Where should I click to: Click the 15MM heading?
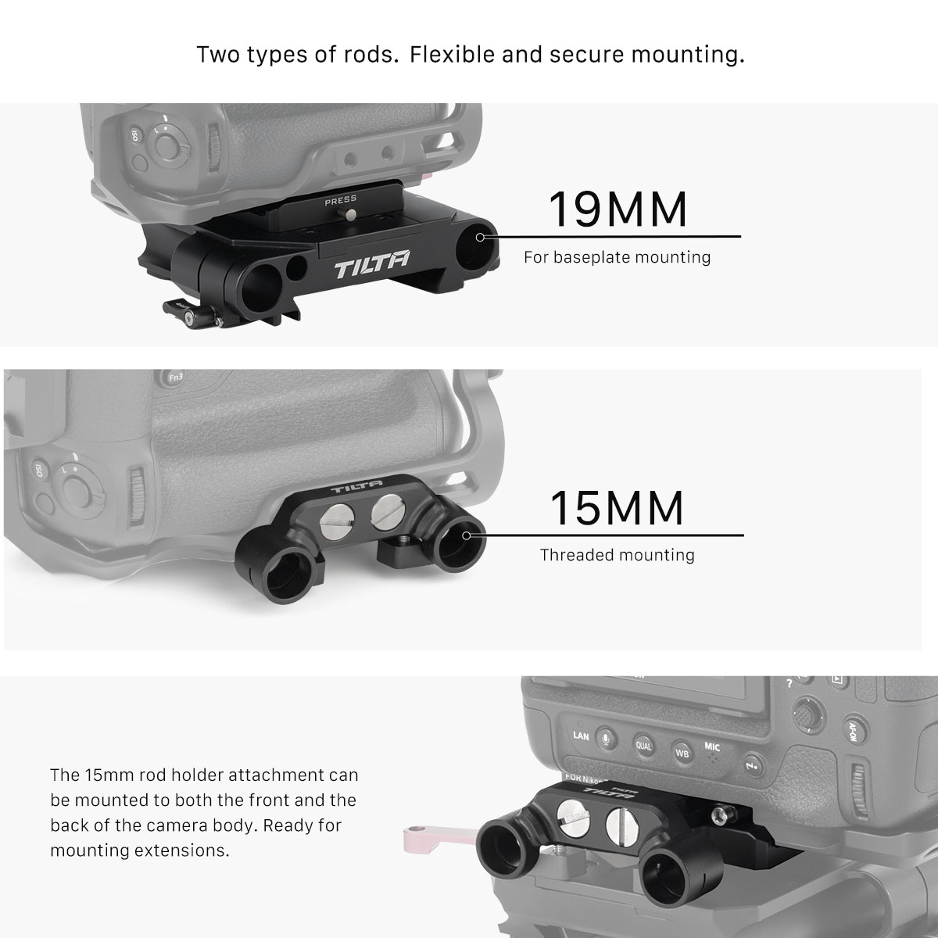click(617, 508)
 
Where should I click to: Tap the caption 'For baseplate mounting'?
click(618, 257)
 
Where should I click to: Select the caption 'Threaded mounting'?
click(618, 555)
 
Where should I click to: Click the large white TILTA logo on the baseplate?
click(371, 264)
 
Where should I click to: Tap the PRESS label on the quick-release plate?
click(340, 199)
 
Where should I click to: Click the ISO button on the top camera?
click(134, 134)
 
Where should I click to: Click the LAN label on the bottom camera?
click(581, 736)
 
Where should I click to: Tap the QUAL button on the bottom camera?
click(643, 745)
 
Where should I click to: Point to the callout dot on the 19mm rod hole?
click(480, 237)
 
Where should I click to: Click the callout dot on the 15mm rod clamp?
click(466, 535)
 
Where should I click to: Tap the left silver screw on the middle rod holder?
click(335, 517)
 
